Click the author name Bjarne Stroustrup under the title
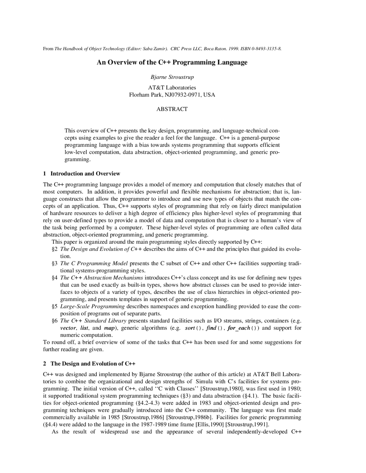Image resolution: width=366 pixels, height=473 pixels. pos(172,77)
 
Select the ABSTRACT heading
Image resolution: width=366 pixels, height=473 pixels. pos(172,109)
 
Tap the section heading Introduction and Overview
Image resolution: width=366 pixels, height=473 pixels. pos(85,174)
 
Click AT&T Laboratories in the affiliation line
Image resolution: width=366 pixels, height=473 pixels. pos(172,88)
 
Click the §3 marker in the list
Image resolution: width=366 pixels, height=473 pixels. pos(55,263)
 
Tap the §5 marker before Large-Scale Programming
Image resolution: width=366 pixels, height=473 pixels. pos(55,306)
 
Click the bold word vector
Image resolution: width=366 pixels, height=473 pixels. pos(68,328)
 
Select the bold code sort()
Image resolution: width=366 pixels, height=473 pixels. pos(194,328)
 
